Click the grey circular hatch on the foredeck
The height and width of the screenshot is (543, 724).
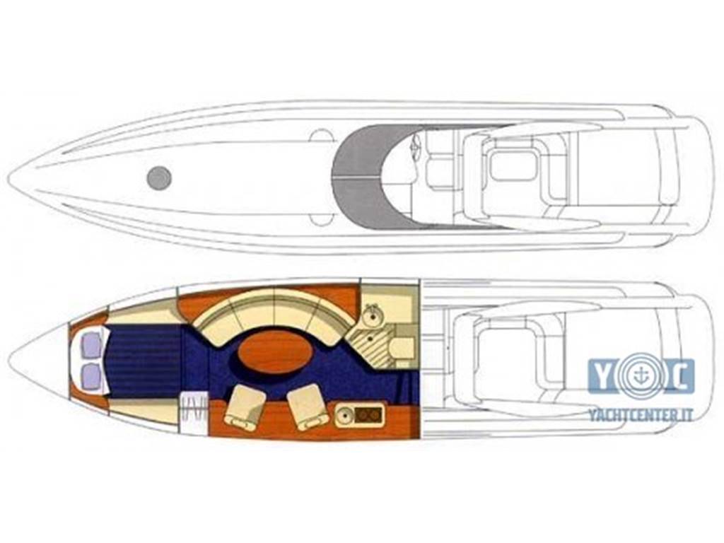pyautogui.click(x=159, y=177)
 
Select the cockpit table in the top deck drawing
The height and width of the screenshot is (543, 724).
pyautogui.click(x=513, y=165)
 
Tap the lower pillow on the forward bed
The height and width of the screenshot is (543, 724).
pyautogui.click(x=91, y=375)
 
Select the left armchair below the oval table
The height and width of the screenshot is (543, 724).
pyautogui.click(x=245, y=407)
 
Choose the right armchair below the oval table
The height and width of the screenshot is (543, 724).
pyautogui.click(x=308, y=407)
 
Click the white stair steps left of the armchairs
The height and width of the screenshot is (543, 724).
pyautogui.click(x=194, y=407)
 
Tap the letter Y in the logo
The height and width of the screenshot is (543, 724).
pyautogui.click(x=602, y=375)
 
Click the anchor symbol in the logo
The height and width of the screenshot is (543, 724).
pyautogui.click(x=641, y=375)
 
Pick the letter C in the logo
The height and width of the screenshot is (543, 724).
pyautogui.click(x=679, y=376)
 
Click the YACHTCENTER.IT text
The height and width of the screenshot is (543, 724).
pyautogui.click(x=641, y=415)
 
